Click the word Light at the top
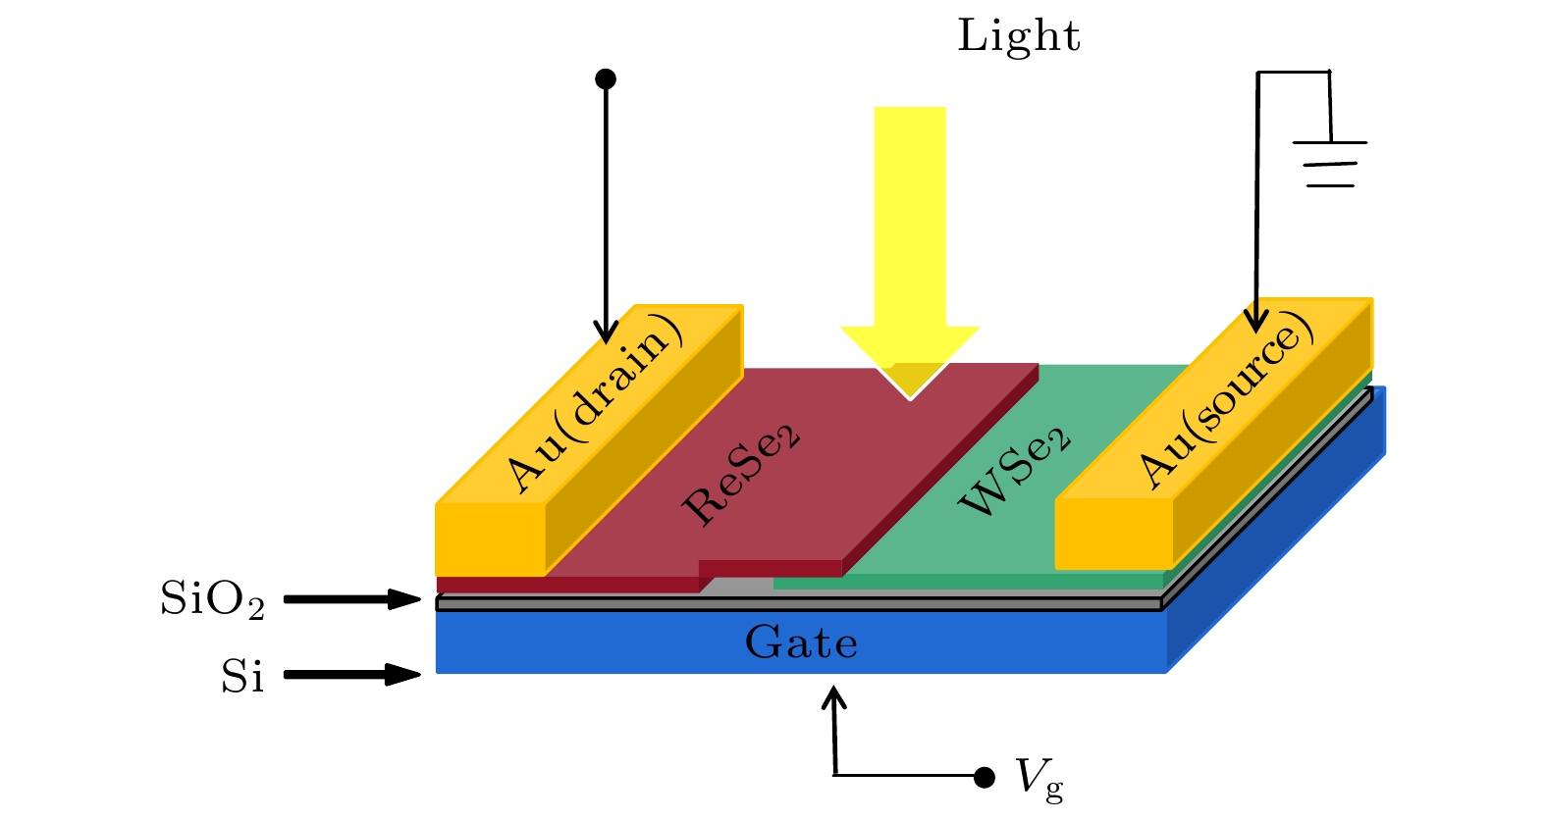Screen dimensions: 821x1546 pos(1018,36)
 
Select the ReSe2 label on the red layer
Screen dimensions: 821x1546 pos(741,477)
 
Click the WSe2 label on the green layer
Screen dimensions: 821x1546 pos(1014,472)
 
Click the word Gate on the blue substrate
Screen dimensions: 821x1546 pos(801,643)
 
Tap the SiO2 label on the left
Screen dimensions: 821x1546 pos(212,599)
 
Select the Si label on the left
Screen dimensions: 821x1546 pos(241,677)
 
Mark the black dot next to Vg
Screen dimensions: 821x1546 pos(985,777)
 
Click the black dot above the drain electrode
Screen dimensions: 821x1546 pos(606,78)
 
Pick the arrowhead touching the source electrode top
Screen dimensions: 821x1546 pos(1255,321)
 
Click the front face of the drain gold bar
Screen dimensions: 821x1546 pos(490,539)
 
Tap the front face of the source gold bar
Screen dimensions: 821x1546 pos(1113,534)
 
